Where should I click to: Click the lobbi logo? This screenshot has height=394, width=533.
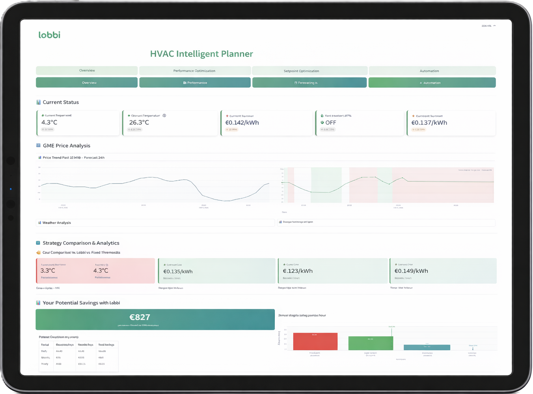49,35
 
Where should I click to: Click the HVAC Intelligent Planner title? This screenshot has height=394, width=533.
201,54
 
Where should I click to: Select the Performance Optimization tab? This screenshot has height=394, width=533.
194,71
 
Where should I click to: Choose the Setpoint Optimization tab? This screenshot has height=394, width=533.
301,71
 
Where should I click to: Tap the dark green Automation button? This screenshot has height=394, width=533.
432,83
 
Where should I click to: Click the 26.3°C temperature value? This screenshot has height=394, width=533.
139,122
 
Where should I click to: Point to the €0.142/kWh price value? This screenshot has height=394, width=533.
242,123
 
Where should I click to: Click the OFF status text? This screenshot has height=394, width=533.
330,123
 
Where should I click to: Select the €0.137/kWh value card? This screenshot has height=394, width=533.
451,123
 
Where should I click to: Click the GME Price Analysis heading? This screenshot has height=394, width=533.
66,146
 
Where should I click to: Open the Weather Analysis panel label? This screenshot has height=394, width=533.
57,223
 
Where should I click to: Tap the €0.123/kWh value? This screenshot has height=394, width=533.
298,271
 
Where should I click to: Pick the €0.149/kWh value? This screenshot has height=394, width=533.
411,271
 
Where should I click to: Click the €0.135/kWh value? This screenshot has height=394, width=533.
178,272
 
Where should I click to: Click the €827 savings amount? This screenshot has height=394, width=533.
140,317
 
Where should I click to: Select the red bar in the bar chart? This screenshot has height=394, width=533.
315,342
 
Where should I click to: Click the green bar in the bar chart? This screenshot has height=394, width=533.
370,343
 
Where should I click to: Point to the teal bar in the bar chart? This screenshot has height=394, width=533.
427,348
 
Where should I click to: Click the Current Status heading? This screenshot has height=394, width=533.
61,102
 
